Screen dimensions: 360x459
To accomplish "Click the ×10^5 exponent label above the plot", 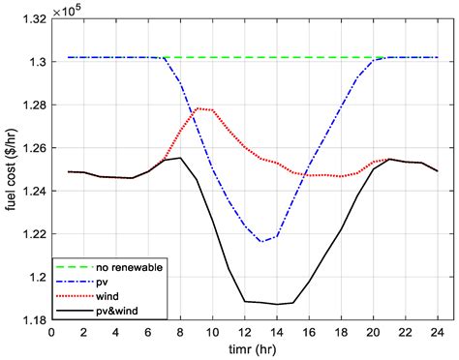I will (x=70, y=9).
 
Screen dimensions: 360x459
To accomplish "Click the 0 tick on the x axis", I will (x=51, y=331).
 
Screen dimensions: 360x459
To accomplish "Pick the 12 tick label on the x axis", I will (x=245, y=331).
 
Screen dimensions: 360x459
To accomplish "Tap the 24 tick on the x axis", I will (x=439, y=331).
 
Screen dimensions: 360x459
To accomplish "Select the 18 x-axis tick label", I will (x=342, y=331).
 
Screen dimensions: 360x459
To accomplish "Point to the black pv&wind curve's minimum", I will (x=277, y=304).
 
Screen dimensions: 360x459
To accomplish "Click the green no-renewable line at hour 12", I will (x=245, y=57).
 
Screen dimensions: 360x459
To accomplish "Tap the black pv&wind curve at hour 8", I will (x=180, y=158).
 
